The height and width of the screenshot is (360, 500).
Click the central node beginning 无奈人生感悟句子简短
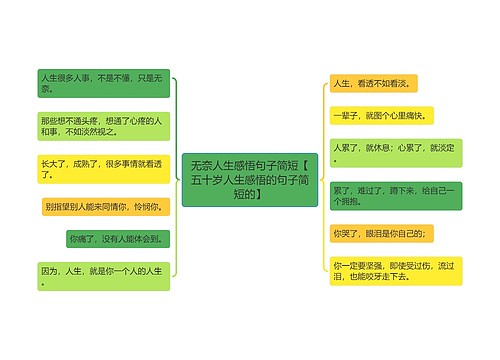(x=250, y=179)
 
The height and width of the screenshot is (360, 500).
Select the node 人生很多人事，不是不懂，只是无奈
(x=104, y=81)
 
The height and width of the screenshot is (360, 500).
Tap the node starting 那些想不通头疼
(x=104, y=125)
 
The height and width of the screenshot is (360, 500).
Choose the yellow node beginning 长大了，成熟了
(x=104, y=168)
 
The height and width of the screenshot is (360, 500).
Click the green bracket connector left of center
(x=174, y=179)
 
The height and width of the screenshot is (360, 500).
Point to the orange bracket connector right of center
(x=322, y=179)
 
